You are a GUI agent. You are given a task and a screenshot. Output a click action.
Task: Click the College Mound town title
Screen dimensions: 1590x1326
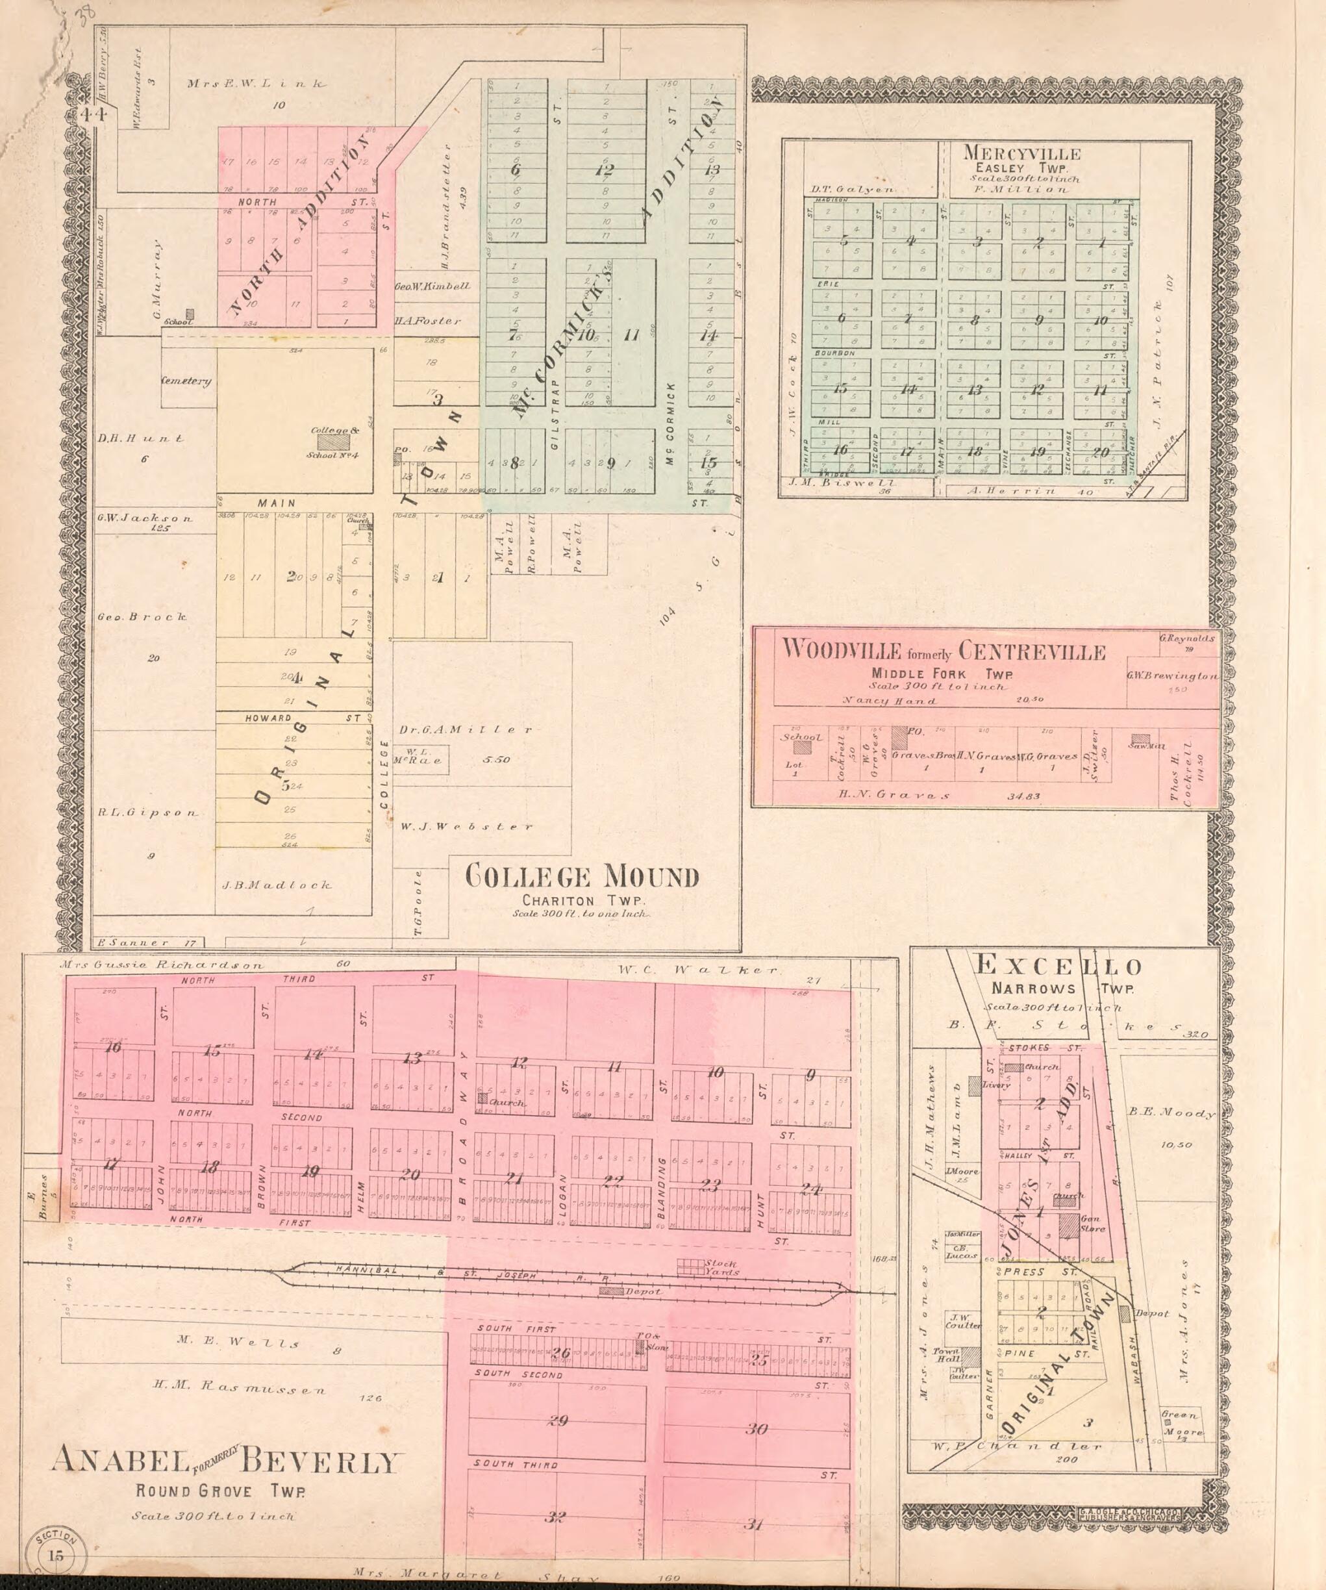581,877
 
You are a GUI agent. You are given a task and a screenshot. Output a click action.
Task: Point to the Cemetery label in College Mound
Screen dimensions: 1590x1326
186,382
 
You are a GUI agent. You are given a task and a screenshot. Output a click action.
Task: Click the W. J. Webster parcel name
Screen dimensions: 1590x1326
463,827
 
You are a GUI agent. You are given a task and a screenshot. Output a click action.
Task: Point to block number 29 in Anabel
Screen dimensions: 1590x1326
558,1421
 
